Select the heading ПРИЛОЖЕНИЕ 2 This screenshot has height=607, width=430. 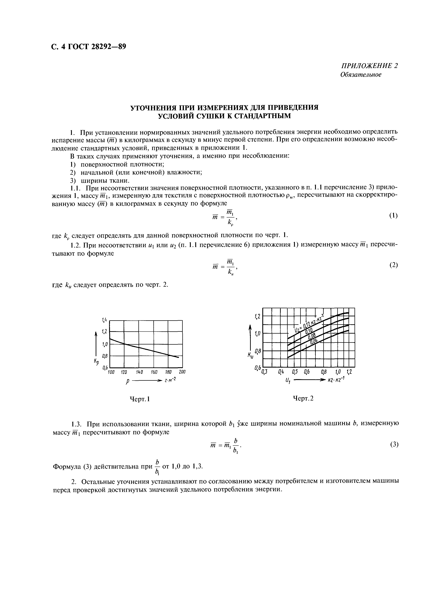370,66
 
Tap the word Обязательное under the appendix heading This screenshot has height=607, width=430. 361,75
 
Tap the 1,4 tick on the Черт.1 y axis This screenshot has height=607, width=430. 104,320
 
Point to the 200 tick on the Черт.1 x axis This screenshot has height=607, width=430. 182,372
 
